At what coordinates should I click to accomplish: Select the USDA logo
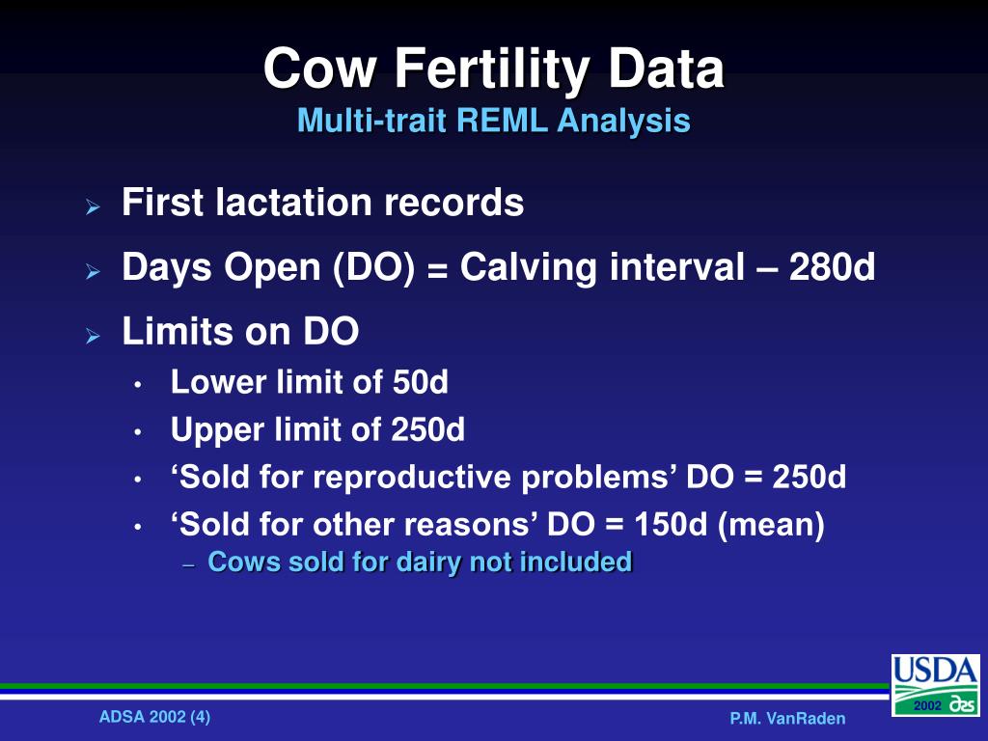[x=934, y=685]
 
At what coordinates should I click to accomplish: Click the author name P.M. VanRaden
[x=787, y=718]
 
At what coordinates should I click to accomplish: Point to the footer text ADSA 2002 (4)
[x=154, y=716]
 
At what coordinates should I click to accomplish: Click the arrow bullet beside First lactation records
[x=93, y=206]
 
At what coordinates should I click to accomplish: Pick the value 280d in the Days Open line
[x=832, y=268]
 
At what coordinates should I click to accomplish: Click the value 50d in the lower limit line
[x=421, y=383]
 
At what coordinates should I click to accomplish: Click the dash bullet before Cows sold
[x=188, y=564]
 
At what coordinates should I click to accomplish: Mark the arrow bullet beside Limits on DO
[x=93, y=336]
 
